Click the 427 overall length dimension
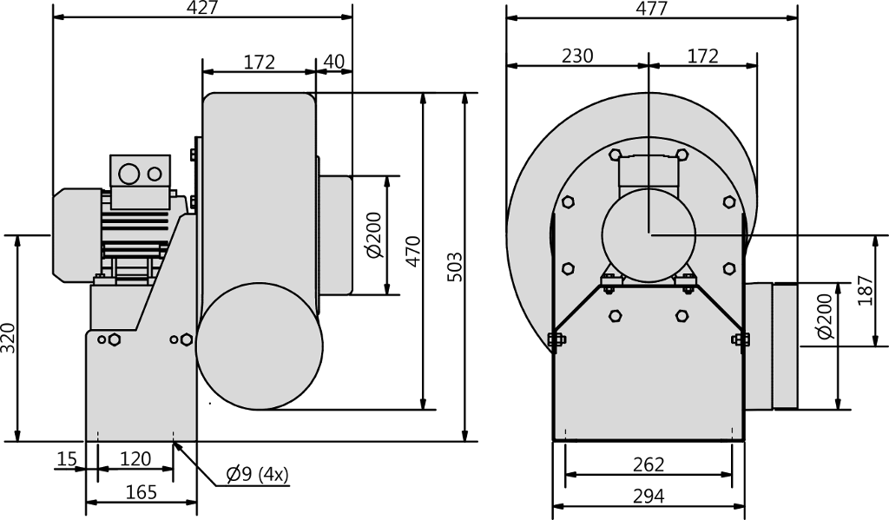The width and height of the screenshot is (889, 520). (201, 7)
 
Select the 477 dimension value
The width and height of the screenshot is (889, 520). (651, 8)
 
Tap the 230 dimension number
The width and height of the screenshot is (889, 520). (577, 56)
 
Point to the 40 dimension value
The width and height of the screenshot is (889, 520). (334, 62)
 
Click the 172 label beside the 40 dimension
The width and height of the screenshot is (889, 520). (259, 62)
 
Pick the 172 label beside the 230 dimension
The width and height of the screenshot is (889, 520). (703, 56)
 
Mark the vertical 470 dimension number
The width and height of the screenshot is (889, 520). (414, 251)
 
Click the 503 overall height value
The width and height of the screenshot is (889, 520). (455, 267)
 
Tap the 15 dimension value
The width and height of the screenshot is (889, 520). (67, 458)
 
